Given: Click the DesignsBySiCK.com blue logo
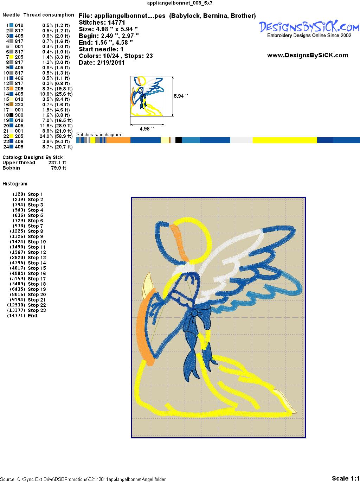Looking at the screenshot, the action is [x=309, y=27].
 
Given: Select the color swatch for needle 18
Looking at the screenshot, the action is [x=11, y=115].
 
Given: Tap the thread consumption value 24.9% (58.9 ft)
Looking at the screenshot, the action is [x=56, y=136].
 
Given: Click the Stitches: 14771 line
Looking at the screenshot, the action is [x=102, y=23].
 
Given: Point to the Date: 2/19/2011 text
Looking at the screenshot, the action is [x=102, y=63].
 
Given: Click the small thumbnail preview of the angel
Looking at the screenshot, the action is [x=147, y=96].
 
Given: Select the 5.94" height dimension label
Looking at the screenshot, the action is [x=181, y=96].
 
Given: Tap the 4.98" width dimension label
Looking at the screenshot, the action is [x=147, y=128].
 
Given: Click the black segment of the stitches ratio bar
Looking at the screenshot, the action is [x=179, y=140].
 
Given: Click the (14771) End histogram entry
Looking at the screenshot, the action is [x=22, y=316].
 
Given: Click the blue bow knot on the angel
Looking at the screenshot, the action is [x=194, y=313].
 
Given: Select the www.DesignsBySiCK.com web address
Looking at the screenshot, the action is [x=308, y=55].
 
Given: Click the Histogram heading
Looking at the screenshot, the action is [x=15, y=184].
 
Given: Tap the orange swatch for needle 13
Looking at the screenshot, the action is [x=11, y=89].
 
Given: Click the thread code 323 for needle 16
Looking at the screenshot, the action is [x=19, y=104].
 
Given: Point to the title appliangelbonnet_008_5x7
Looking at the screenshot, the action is [x=180, y=3].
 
